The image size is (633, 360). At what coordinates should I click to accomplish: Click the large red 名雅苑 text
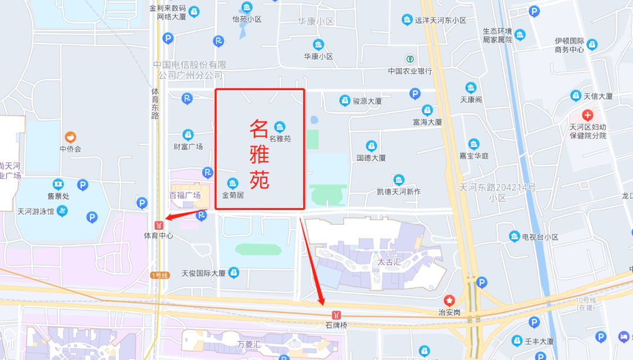[260, 154]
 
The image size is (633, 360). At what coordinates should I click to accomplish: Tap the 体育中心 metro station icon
[158, 225]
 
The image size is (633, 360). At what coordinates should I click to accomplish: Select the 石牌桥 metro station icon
[336, 315]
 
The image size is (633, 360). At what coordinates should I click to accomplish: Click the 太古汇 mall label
[389, 262]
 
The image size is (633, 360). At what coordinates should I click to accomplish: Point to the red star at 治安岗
[449, 300]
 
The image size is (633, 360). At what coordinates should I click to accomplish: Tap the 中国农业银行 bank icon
[410, 59]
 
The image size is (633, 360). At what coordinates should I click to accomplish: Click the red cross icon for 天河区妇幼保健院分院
[587, 115]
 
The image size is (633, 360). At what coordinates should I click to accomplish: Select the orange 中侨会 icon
[70, 137]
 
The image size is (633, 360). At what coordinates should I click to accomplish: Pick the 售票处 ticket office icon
[58, 184]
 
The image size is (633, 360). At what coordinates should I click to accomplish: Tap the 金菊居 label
[233, 195]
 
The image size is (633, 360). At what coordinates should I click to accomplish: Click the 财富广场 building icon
[188, 135]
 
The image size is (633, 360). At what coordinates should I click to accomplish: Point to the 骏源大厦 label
[367, 101]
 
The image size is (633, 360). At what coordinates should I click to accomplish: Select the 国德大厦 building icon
[371, 146]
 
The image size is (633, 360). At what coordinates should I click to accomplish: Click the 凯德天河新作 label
[399, 191]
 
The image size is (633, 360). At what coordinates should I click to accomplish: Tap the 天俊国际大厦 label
[203, 273]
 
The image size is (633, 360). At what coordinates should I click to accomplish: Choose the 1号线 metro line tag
[159, 275]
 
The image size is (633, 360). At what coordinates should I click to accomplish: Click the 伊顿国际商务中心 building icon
[592, 44]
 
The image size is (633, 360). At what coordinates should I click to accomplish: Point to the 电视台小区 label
[540, 237]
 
